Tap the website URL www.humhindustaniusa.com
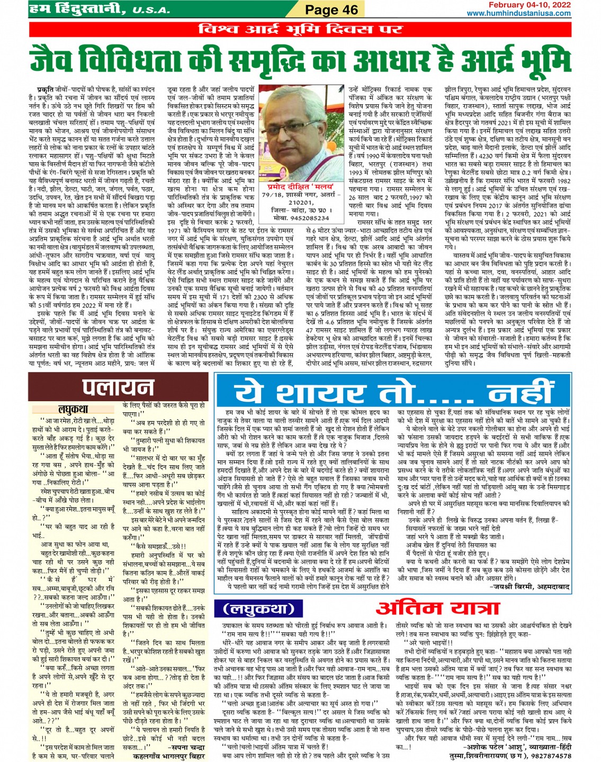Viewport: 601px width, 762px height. pyautogui.click(x=518, y=13)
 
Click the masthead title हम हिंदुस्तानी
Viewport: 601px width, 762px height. pyautogui.click(x=77, y=9)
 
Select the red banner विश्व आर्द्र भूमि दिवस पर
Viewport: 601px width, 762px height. pyautogui.click(x=300, y=29)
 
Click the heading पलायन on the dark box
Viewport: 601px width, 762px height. pyautogui.click(x=118, y=387)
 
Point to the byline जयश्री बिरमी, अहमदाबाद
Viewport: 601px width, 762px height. pyautogui.click(x=529, y=587)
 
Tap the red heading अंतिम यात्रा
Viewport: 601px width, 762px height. pyautogui.click(x=430, y=609)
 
